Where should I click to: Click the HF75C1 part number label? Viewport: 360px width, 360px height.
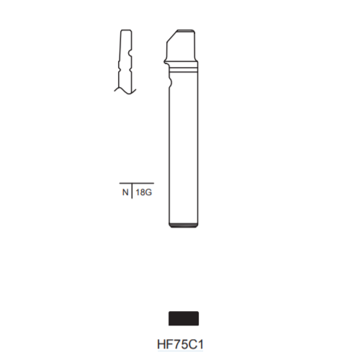click(x=180, y=344)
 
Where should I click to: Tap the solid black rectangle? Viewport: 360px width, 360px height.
click(x=184, y=318)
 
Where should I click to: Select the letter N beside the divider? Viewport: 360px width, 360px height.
click(x=125, y=192)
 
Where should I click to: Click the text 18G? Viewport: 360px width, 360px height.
click(x=144, y=192)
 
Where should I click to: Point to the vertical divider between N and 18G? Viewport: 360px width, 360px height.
click(x=132, y=191)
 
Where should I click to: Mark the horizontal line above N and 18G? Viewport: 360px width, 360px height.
click(x=137, y=183)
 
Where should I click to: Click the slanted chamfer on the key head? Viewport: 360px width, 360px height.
click(x=172, y=36)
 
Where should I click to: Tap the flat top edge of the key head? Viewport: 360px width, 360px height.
click(x=186, y=30)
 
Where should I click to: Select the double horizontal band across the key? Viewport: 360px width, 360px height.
click(x=184, y=70)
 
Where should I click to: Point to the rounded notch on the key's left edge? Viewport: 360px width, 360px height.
click(x=171, y=82)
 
